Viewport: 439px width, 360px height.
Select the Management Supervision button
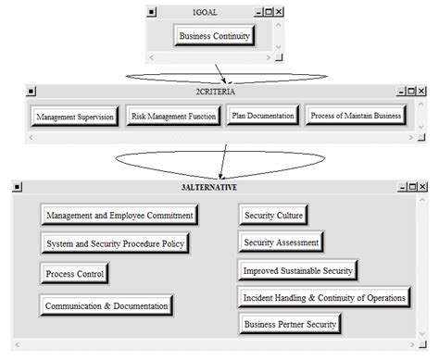73,117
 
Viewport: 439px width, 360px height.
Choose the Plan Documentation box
263,116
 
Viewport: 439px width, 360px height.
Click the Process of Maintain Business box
356,116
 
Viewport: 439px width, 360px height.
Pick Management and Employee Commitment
119,215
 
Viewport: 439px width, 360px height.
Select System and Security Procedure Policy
116,244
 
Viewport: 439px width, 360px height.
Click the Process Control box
74,274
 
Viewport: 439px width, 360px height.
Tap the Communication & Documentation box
107,305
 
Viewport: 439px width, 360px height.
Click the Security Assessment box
282,242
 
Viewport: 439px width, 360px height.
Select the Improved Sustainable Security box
297,270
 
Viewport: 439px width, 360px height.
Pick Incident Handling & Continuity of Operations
324,297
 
